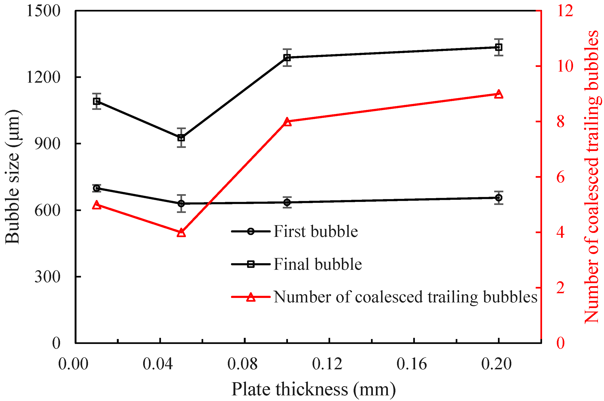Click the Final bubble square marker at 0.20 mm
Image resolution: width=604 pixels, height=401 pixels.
(x=498, y=47)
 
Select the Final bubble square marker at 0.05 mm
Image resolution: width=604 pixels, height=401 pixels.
(x=181, y=138)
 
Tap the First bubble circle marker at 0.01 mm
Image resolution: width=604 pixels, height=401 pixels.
(x=97, y=188)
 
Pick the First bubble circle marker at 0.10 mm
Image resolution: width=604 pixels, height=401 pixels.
(x=287, y=203)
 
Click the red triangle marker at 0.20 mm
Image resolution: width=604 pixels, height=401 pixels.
(x=498, y=94)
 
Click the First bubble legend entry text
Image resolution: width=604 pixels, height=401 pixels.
(x=315, y=232)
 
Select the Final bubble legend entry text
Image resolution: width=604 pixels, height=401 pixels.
(x=317, y=264)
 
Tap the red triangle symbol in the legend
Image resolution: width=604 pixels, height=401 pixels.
(x=251, y=297)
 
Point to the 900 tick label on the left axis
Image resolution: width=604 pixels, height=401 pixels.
(x=47, y=144)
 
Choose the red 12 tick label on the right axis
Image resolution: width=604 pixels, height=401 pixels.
(x=565, y=11)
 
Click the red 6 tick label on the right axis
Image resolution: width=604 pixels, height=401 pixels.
(x=561, y=177)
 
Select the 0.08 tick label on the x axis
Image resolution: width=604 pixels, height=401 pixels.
(x=242, y=364)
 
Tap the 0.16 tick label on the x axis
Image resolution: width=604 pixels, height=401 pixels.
(x=411, y=364)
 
